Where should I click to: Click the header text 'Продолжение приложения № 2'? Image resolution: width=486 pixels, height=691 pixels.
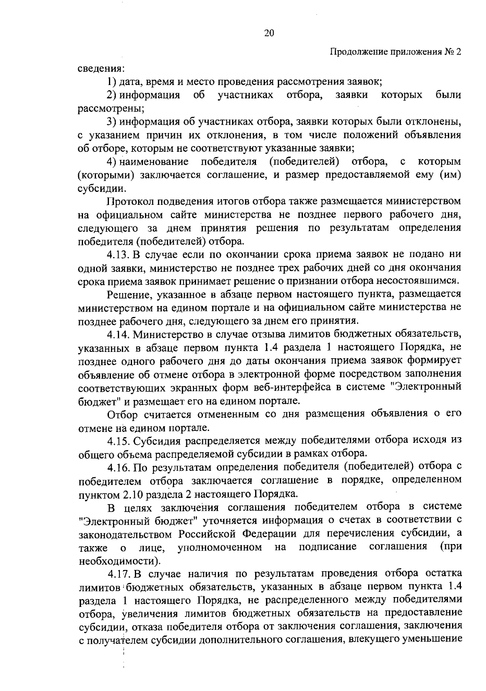pyautogui.click(x=396, y=52)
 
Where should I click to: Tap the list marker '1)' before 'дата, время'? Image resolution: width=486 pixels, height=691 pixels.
pyautogui.click(x=112, y=82)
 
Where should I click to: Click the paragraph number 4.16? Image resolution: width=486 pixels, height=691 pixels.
pyautogui.click(x=118, y=467)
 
